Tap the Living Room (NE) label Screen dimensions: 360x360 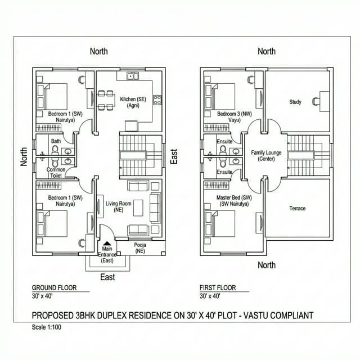(118, 206)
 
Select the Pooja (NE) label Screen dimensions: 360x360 (139, 248)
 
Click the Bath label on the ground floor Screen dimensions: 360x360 (56, 141)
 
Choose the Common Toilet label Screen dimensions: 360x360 (56, 173)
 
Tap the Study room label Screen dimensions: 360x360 (295, 102)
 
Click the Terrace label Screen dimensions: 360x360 (298, 208)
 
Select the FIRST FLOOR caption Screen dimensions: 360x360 (217, 287)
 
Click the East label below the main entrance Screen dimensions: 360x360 (107, 277)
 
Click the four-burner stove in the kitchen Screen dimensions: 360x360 (157, 100)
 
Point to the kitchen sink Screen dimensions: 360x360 (133, 75)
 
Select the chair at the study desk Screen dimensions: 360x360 (317, 101)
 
